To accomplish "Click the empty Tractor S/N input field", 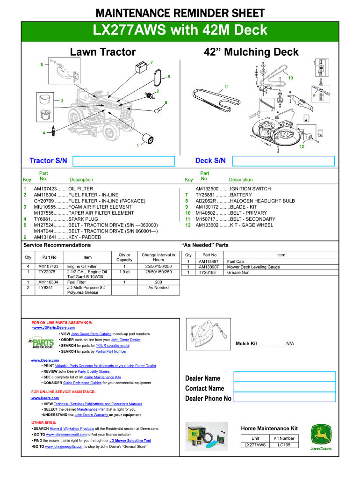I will pyautogui.click(x=124, y=161).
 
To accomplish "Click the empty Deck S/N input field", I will pyautogui.click(x=284, y=161).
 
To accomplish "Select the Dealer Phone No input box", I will pyautogui.click(x=284, y=398).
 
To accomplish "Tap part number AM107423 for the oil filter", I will pyautogui.click(x=45, y=189).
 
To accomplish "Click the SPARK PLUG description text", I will pyautogui.click(x=83, y=219).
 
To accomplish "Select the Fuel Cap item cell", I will pyautogui.click(x=235, y=261).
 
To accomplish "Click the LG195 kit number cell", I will pyautogui.click(x=285, y=445).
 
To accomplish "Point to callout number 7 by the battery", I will pyautogui.click(x=151, y=62).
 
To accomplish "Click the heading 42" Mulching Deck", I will pyautogui.click(x=251, y=52).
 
